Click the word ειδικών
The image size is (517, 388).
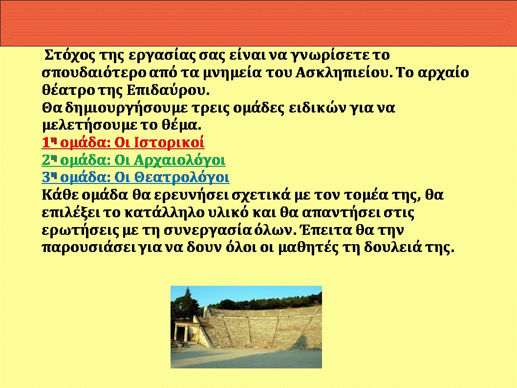point(317,108)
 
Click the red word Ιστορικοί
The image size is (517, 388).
point(169,143)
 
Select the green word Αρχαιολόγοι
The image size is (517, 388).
point(179,160)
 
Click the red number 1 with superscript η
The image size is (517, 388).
point(49,143)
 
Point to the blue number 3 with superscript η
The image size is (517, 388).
point(49,178)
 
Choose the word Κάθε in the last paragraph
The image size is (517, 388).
point(60,195)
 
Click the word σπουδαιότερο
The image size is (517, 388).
point(94,73)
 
